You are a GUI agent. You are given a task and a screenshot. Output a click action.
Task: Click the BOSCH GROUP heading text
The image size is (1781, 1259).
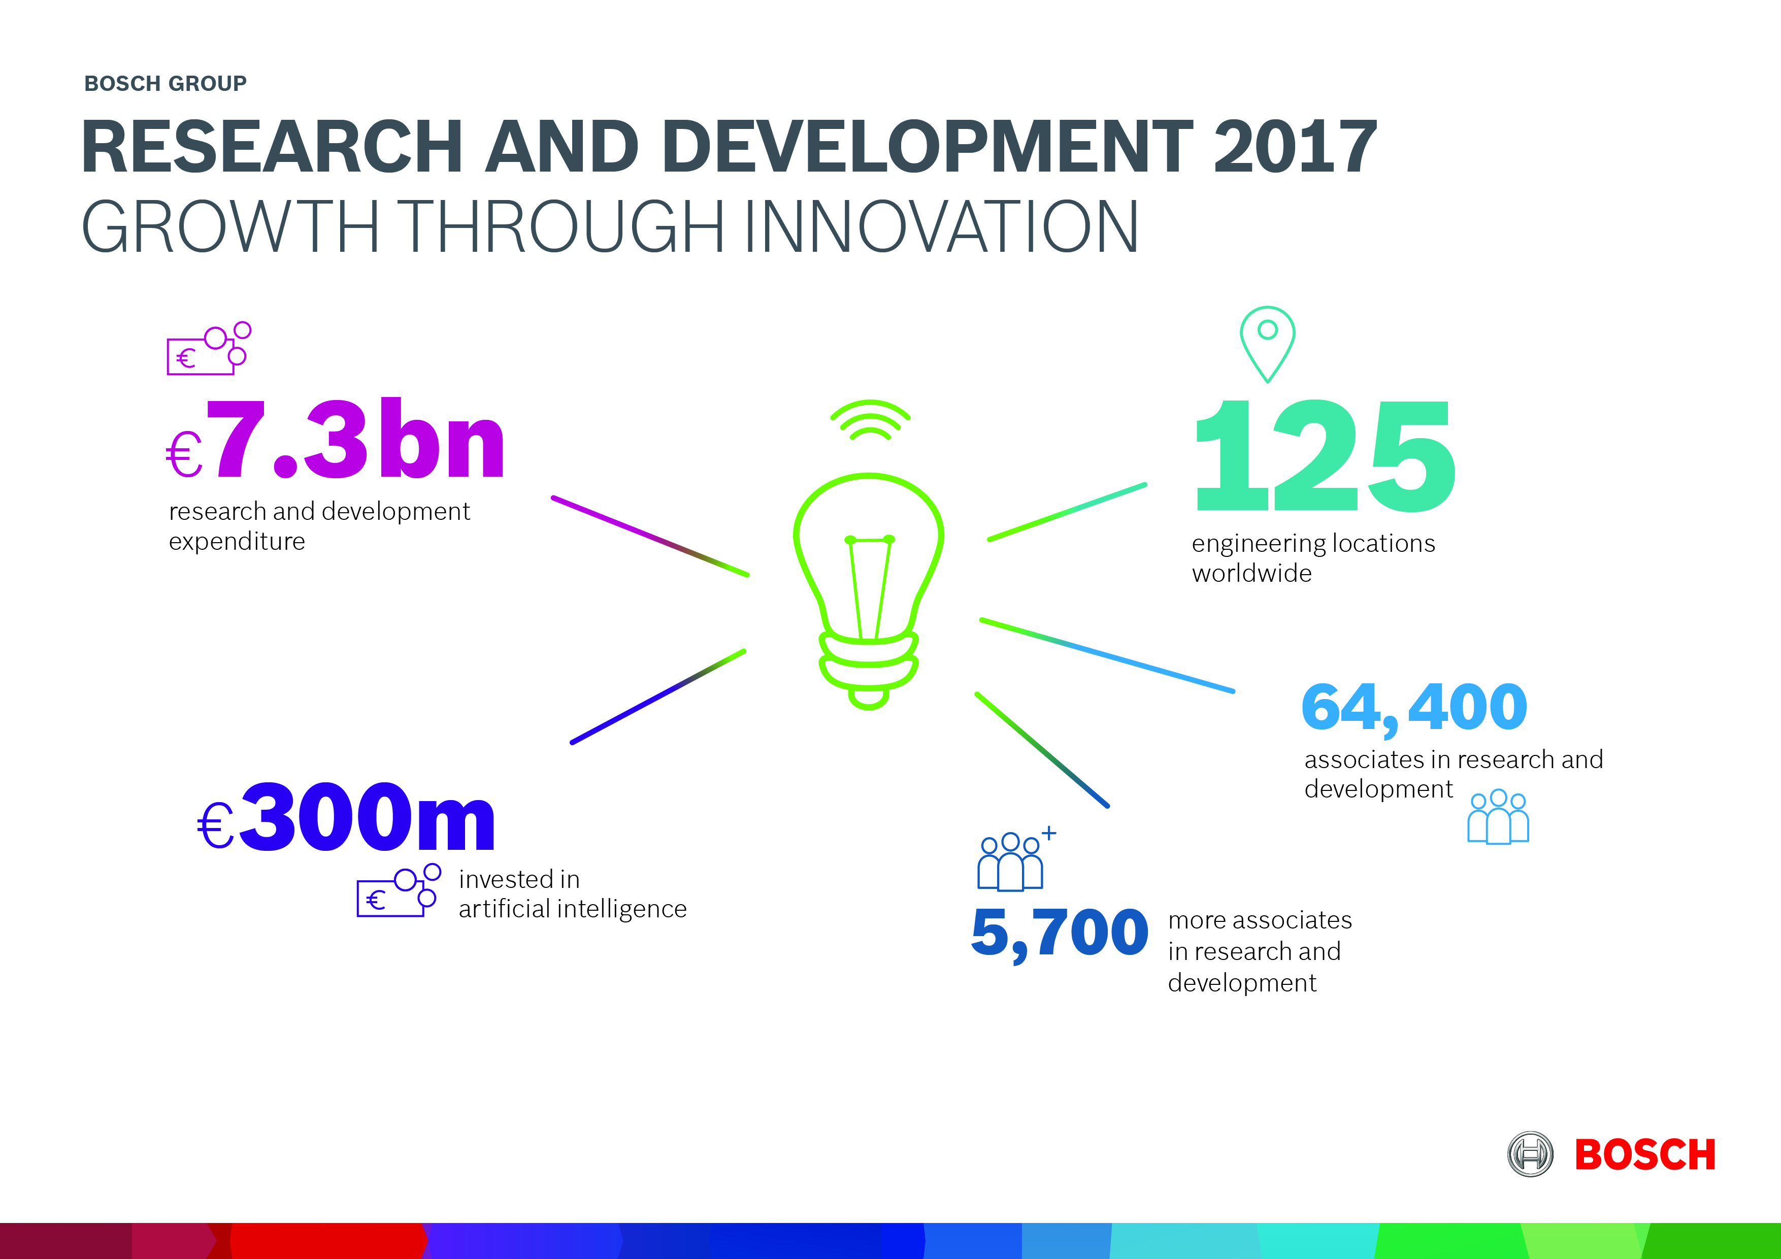point(165,83)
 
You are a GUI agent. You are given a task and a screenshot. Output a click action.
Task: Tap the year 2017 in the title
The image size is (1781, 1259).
point(1296,147)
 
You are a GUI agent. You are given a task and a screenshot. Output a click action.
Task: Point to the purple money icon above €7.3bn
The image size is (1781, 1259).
point(209,348)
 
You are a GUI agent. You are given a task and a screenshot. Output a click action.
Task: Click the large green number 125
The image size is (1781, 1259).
point(1325,455)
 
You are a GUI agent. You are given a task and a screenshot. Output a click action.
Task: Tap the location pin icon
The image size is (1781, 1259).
point(1268,344)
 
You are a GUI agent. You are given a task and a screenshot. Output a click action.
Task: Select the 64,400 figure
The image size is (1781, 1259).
point(1414,708)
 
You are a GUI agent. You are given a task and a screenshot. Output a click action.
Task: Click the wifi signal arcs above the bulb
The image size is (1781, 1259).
point(870,420)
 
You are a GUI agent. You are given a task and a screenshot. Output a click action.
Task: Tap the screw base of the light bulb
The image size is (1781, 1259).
point(869,669)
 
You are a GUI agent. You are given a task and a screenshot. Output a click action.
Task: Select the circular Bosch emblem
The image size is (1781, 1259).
point(1530,1154)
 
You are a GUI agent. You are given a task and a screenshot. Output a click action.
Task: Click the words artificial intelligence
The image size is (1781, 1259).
point(573,909)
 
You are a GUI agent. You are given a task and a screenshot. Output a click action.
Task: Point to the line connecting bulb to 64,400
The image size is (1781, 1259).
point(1107,655)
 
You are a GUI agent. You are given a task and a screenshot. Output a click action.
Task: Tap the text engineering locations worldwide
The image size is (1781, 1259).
point(1313,558)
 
